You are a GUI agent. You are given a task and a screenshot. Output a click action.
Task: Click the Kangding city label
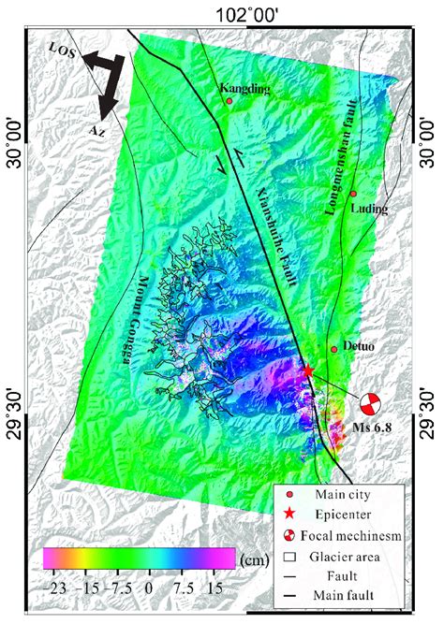tap(244, 89)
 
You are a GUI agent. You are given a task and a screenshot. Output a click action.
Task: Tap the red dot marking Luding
tap(353, 194)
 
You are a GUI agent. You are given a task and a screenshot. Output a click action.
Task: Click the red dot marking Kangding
tap(229, 101)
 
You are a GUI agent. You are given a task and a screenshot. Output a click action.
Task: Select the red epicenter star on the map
tap(308, 370)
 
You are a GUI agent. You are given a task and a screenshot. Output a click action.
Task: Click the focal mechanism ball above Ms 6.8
tap(371, 404)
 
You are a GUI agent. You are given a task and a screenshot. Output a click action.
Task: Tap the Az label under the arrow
tap(97, 130)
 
